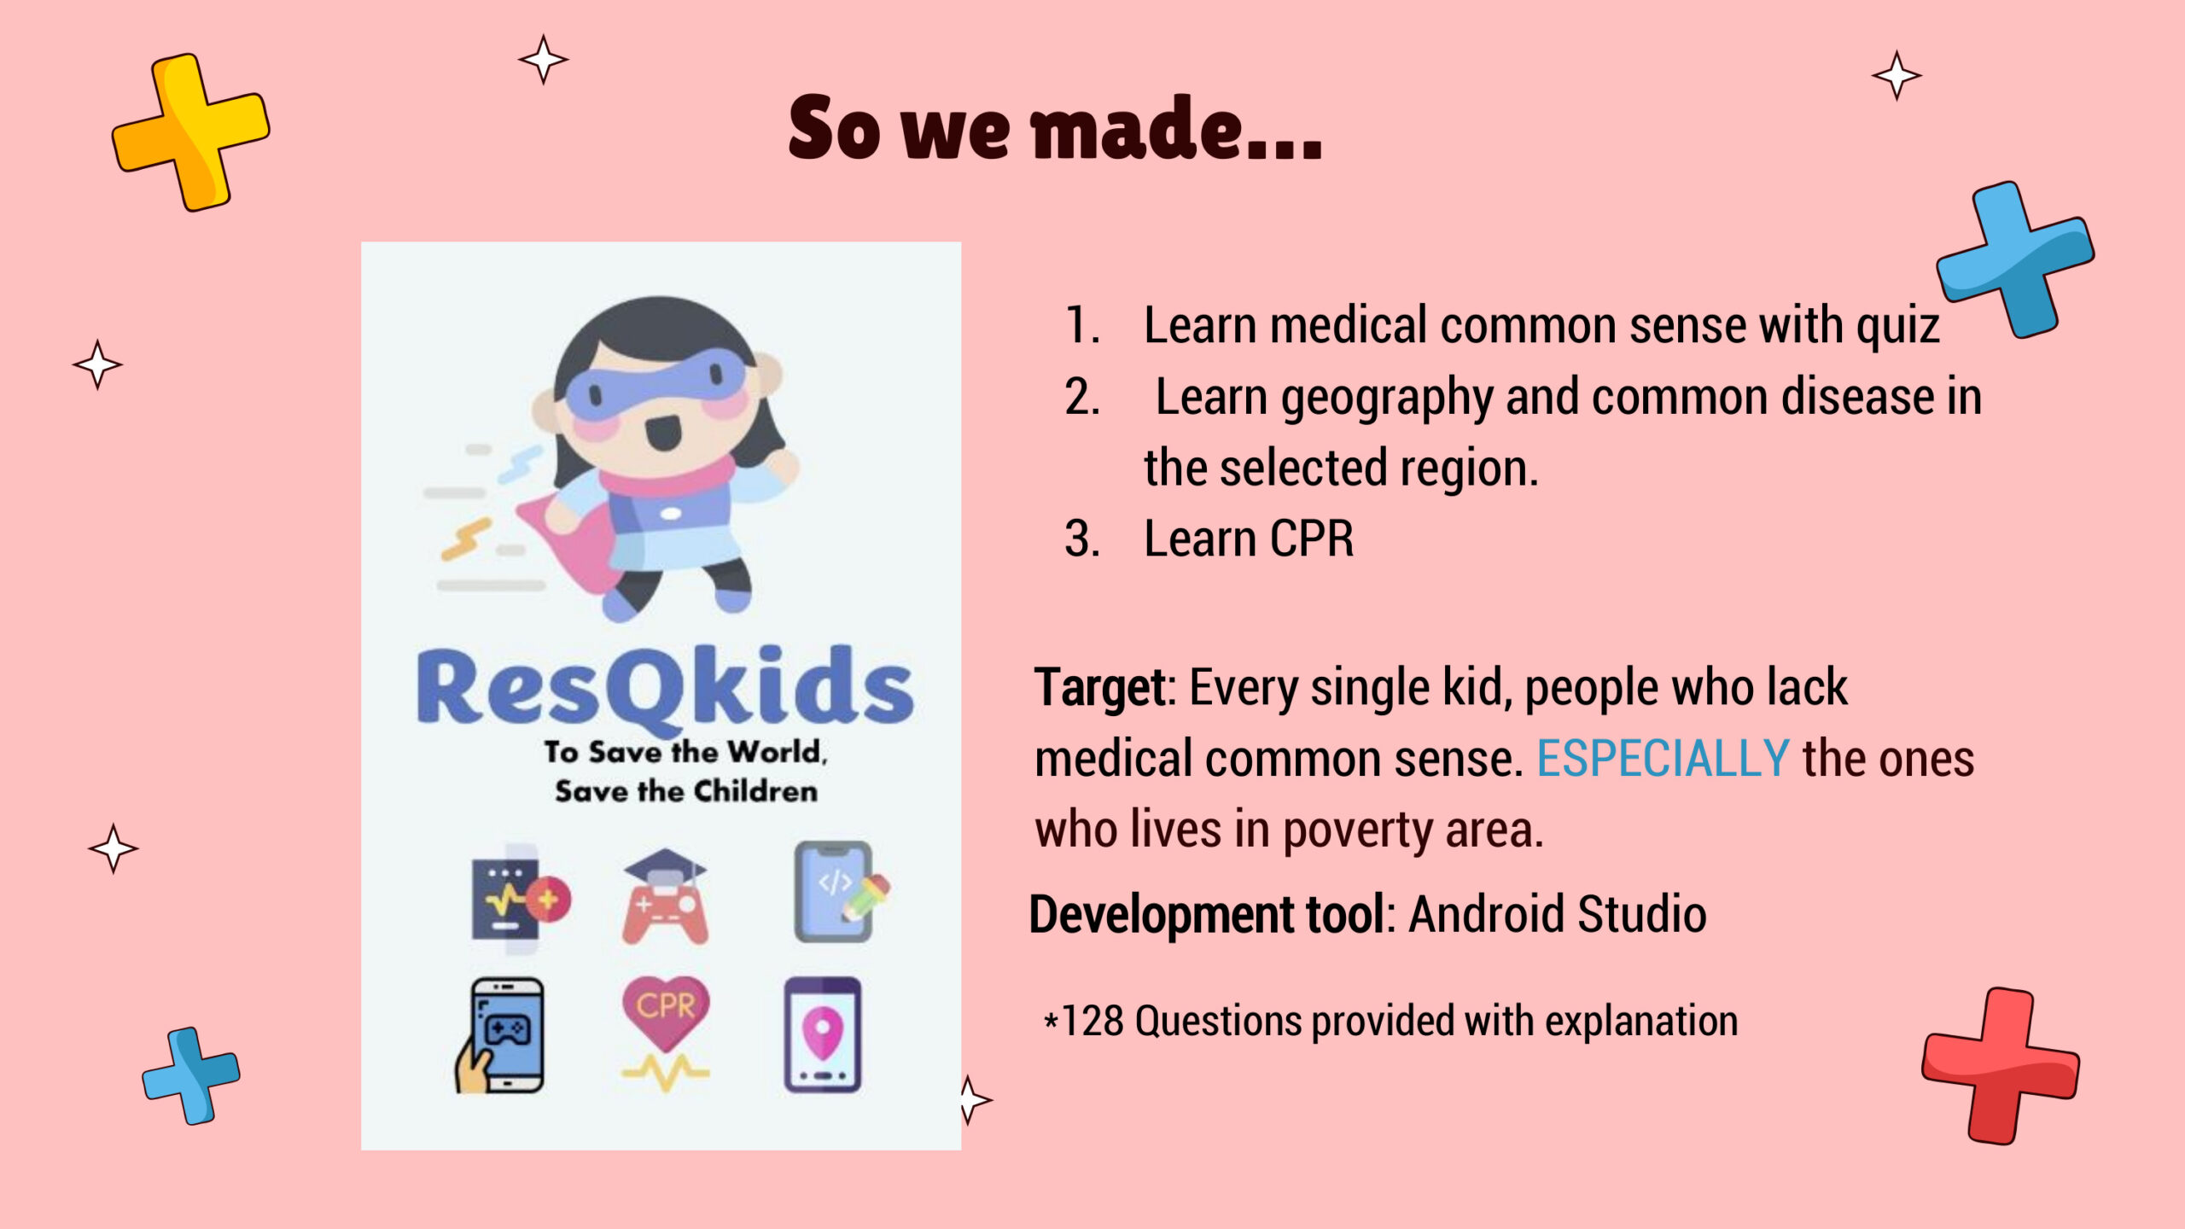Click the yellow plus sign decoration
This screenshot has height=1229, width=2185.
(x=190, y=132)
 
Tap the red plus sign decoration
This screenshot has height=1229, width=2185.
(x=2000, y=1066)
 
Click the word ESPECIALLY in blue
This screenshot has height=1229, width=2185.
(x=1663, y=758)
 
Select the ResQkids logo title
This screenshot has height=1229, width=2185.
(x=664, y=688)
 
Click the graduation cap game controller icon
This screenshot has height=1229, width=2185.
(x=665, y=896)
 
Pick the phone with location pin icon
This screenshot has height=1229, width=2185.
(x=823, y=1034)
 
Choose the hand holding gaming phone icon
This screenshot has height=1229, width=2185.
(x=499, y=1035)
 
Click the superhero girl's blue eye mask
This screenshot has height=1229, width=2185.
(x=655, y=384)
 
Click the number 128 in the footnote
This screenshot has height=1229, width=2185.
(x=1092, y=1021)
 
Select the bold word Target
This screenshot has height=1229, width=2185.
(x=1100, y=688)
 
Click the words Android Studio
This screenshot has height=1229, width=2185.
(x=1557, y=914)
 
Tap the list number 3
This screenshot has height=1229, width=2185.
(x=1081, y=539)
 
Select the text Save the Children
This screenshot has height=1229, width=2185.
(x=686, y=791)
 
